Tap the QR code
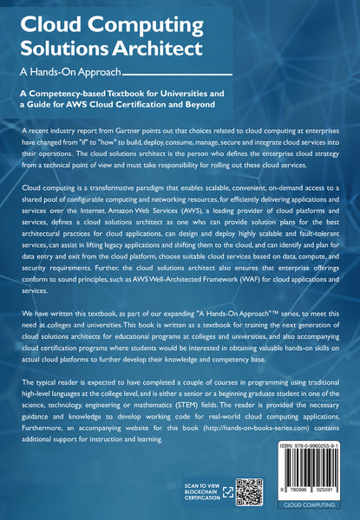point(250,491)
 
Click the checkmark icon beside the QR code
point(226,491)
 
